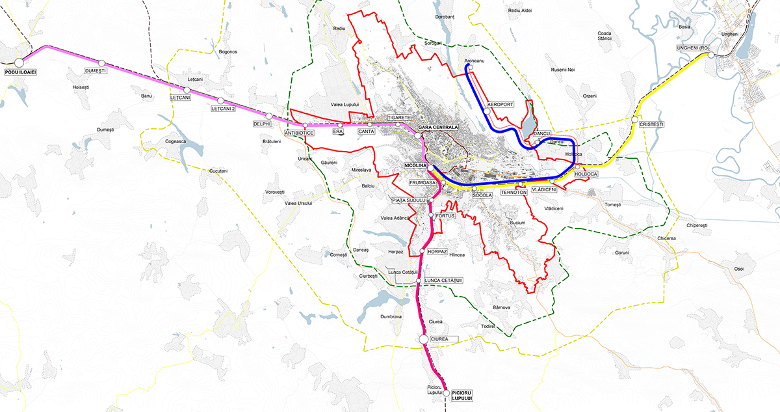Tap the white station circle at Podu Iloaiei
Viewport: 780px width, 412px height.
point(19,61)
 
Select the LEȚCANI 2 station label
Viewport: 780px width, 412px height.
point(222,109)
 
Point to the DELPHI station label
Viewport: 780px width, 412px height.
point(261,124)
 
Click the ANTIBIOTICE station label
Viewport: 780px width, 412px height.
point(300,133)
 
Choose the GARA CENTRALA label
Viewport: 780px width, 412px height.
point(439,127)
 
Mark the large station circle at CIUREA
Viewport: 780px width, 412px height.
point(423,339)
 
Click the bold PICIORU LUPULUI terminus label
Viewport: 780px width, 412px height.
point(461,394)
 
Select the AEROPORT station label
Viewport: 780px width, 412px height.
point(500,104)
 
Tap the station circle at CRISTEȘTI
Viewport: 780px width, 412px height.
point(634,119)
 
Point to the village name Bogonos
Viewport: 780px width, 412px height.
point(228,51)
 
